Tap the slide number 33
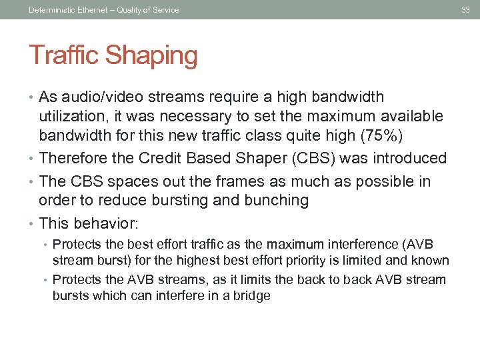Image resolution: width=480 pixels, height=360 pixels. click(466, 9)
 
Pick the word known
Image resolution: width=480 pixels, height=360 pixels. click(431, 261)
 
